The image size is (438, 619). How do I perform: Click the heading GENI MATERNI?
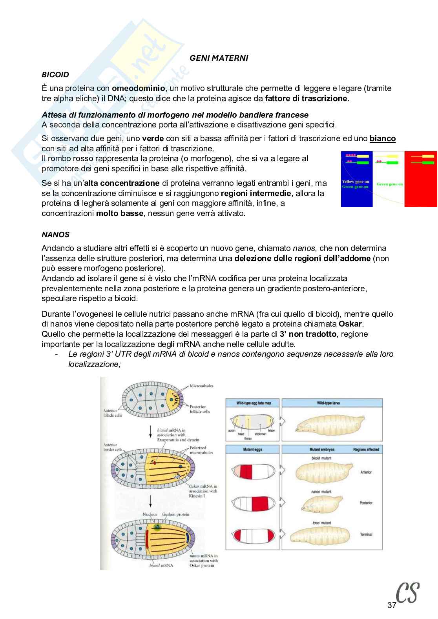pyautogui.click(x=219, y=58)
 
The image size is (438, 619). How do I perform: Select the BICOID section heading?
pyautogui.click(x=55, y=74)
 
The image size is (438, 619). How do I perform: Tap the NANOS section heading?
pyautogui.click(x=55, y=234)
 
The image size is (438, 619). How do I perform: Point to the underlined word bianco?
pyautogui.click(x=382, y=138)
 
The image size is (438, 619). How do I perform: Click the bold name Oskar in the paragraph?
pyautogui.click(x=350, y=324)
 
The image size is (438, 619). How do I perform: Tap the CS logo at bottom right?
pyautogui.click(x=407, y=593)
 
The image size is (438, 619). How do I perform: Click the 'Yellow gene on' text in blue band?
pyautogui.click(x=356, y=182)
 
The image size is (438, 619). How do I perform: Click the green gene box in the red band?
pyautogui.click(x=429, y=162)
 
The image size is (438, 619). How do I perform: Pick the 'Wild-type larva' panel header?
pyautogui.click(x=328, y=403)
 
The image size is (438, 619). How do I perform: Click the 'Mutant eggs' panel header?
pyautogui.click(x=253, y=449)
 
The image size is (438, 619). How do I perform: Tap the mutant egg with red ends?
pyautogui.click(x=252, y=535)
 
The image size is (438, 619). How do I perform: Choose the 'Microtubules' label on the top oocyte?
pyautogui.click(x=201, y=386)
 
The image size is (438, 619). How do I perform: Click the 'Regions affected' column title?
pyautogui.click(x=366, y=449)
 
